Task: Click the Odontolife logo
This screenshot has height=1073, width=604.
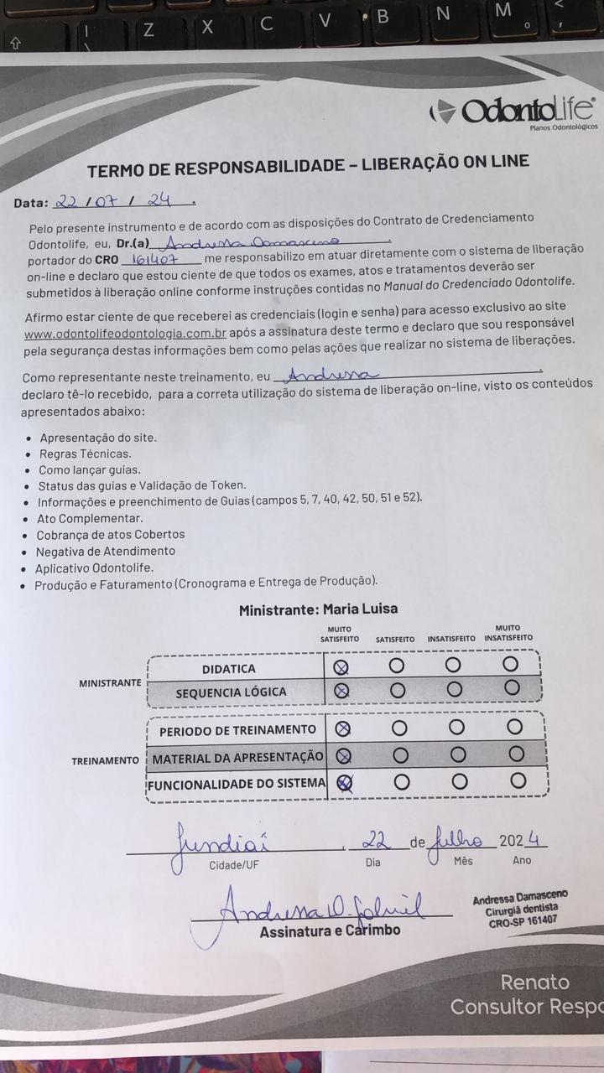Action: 514,111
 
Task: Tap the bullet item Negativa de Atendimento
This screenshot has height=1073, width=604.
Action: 105,551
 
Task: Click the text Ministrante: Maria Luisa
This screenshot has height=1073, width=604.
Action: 318,609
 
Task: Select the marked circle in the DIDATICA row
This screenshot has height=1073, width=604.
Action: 341,667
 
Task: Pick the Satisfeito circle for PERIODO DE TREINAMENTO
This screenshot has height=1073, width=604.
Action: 399,727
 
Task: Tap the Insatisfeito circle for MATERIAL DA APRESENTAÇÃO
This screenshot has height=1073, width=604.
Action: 457,754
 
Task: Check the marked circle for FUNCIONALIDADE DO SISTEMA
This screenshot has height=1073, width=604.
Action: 344,782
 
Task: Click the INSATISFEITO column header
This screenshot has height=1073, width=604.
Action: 450,639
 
